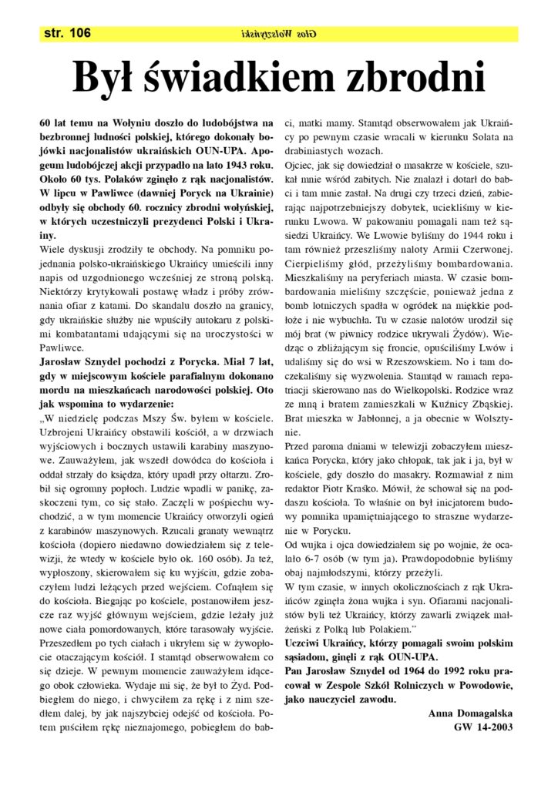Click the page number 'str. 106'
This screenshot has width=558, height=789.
(x=69, y=32)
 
